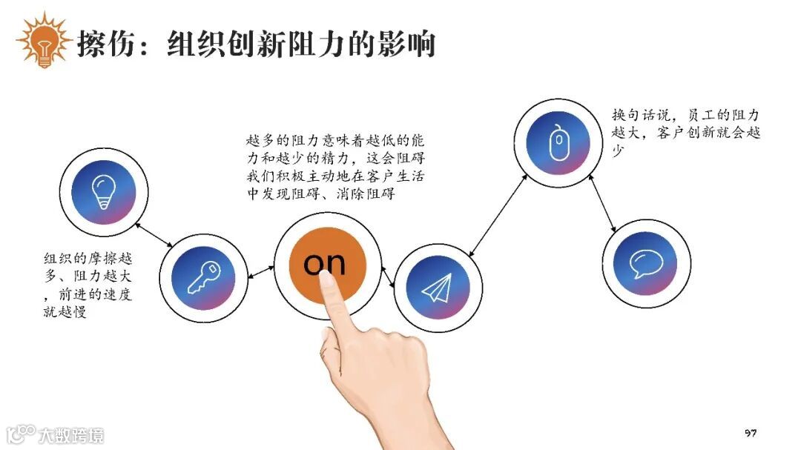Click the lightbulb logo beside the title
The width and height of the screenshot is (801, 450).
43,42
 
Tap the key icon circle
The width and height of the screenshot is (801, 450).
202,277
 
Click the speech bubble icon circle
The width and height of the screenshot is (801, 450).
645,263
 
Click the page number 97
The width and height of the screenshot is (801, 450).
750,433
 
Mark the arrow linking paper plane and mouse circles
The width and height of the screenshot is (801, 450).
498,215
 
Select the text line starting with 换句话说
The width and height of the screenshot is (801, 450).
685,116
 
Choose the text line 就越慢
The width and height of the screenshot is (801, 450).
65,312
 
